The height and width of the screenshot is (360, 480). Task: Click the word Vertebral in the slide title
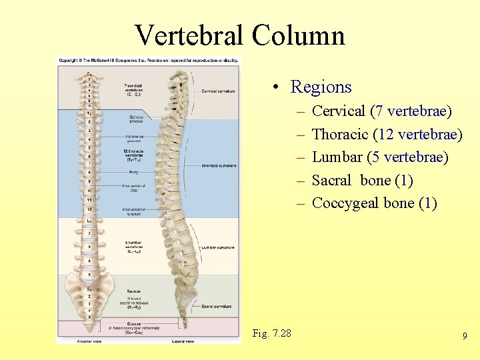click(x=189, y=35)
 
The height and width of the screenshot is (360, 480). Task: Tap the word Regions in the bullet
click(x=321, y=87)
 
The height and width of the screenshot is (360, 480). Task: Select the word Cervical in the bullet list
click(x=339, y=111)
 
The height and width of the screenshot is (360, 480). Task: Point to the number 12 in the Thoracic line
click(x=385, y=134)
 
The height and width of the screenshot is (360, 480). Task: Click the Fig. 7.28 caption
click(x=272, y=333)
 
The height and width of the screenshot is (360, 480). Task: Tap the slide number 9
click(x=465, y=337)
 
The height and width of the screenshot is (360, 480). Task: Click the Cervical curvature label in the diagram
click(x=218, y=91)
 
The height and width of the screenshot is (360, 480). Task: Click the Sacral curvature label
click(x=217, y=306)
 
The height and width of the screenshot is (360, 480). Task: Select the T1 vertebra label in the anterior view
click(x=88, y=113)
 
